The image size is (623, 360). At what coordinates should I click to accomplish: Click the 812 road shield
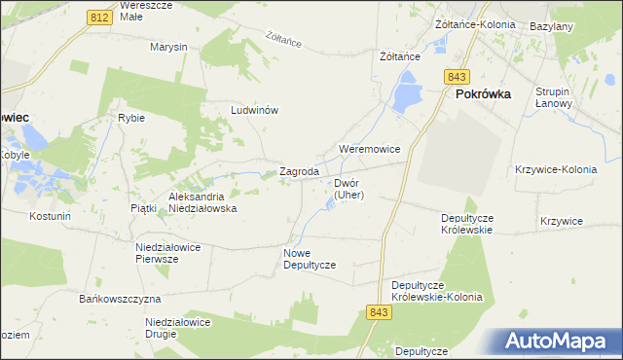click(x=97, y=18)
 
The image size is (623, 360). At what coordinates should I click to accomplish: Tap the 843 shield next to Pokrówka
click(x=457, y=76)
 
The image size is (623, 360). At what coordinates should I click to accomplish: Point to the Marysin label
click(x=168, y=47)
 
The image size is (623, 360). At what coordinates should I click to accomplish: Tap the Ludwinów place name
click(x=255, y=110)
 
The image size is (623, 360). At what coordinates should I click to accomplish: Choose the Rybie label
click(x=131, y=118)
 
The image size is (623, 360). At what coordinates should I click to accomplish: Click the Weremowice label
click(x=369, y=149)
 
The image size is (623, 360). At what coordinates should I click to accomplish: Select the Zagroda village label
click(x=300, y=172)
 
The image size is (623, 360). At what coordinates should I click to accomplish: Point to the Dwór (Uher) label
click(x=348, y=189)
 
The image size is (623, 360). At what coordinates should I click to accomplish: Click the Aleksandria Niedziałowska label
click(x=203, y=201)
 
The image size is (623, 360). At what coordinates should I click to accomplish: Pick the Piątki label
click(x=142, y=208)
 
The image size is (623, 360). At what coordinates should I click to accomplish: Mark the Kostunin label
click(x=51, y=215)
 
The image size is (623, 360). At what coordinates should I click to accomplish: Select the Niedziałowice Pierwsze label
click(x=168, y=253)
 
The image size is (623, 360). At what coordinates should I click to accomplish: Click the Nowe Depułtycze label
click(x=310, y=259)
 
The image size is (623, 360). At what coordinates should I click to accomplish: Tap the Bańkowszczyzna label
click(x=121, y=298)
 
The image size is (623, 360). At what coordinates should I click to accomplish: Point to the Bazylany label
click(x=551, y=26)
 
